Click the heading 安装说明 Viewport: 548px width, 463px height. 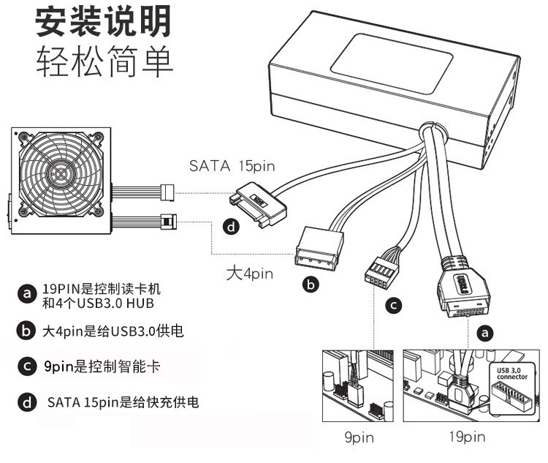[104, 23]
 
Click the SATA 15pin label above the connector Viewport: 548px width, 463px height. [232, 166]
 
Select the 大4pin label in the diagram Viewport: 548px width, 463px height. [249, 274]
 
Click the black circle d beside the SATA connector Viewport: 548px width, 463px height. [232, 227]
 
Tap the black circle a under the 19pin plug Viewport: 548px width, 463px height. [483, 333]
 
